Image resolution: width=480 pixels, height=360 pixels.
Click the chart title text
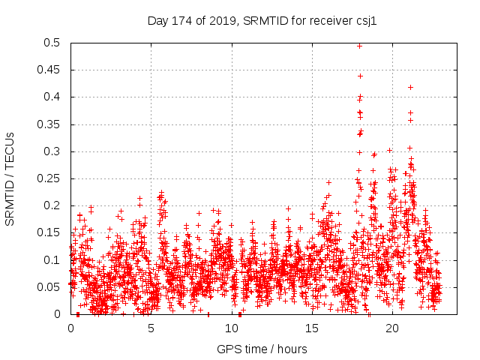[262, 21]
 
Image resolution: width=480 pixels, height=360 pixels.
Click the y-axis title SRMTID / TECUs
[10, 178]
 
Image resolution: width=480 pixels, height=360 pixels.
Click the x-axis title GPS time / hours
[262, 349]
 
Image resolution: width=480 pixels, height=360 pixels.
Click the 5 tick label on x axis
[151, 328]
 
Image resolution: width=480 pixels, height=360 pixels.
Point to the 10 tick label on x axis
[232, 328]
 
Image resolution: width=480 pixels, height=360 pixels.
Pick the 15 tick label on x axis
[312, 328]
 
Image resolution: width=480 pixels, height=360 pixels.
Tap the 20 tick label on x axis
[392, 328]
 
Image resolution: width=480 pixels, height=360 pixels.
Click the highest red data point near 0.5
[359, 46]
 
